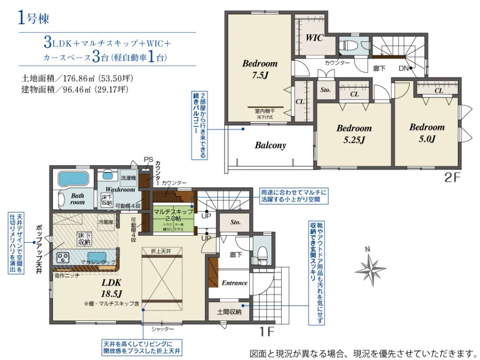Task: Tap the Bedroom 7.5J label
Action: tap(260, 69)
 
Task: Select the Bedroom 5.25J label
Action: tap(354, 134)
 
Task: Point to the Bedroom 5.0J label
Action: tap(427, 132)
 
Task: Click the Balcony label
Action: tap(270, 145)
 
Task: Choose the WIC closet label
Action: tap(313, 38)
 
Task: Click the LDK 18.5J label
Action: tap(110, 289)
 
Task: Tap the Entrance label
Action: tap(234, 283)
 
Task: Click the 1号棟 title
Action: tap(33, 19)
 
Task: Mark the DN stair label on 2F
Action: tap(404, 68)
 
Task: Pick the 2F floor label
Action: tap(454, 178)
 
